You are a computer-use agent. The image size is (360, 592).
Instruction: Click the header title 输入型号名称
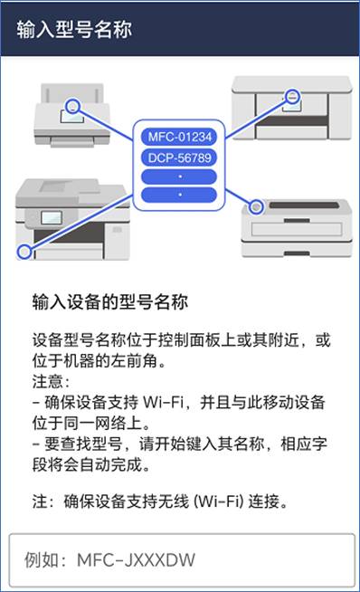point(74,29)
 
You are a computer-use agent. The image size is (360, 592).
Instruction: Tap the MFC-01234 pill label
point(179,137)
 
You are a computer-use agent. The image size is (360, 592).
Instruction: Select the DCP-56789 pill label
point(179,158)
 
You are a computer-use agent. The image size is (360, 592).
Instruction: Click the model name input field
point(182,560)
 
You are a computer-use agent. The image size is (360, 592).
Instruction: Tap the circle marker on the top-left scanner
point(72,106)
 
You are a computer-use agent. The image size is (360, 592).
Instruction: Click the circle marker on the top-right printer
point(291,97)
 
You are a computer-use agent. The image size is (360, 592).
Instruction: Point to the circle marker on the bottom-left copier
point(24,251)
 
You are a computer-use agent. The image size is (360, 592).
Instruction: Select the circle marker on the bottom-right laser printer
point(256,206)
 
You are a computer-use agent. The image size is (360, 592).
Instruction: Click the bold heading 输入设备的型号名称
point(110,302)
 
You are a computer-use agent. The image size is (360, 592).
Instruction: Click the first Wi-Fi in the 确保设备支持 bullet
point(163,402)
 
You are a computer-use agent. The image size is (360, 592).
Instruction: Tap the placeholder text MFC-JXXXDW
point(136,560)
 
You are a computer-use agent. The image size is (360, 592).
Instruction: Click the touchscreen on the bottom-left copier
point(52,217)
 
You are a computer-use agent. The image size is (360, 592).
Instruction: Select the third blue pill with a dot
point(179,177)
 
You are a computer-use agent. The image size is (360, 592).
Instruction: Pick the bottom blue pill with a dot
point(179,195)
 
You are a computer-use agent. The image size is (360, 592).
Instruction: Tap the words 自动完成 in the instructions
point(110,464)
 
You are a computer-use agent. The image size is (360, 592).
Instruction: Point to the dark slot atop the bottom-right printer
point(305,205)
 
